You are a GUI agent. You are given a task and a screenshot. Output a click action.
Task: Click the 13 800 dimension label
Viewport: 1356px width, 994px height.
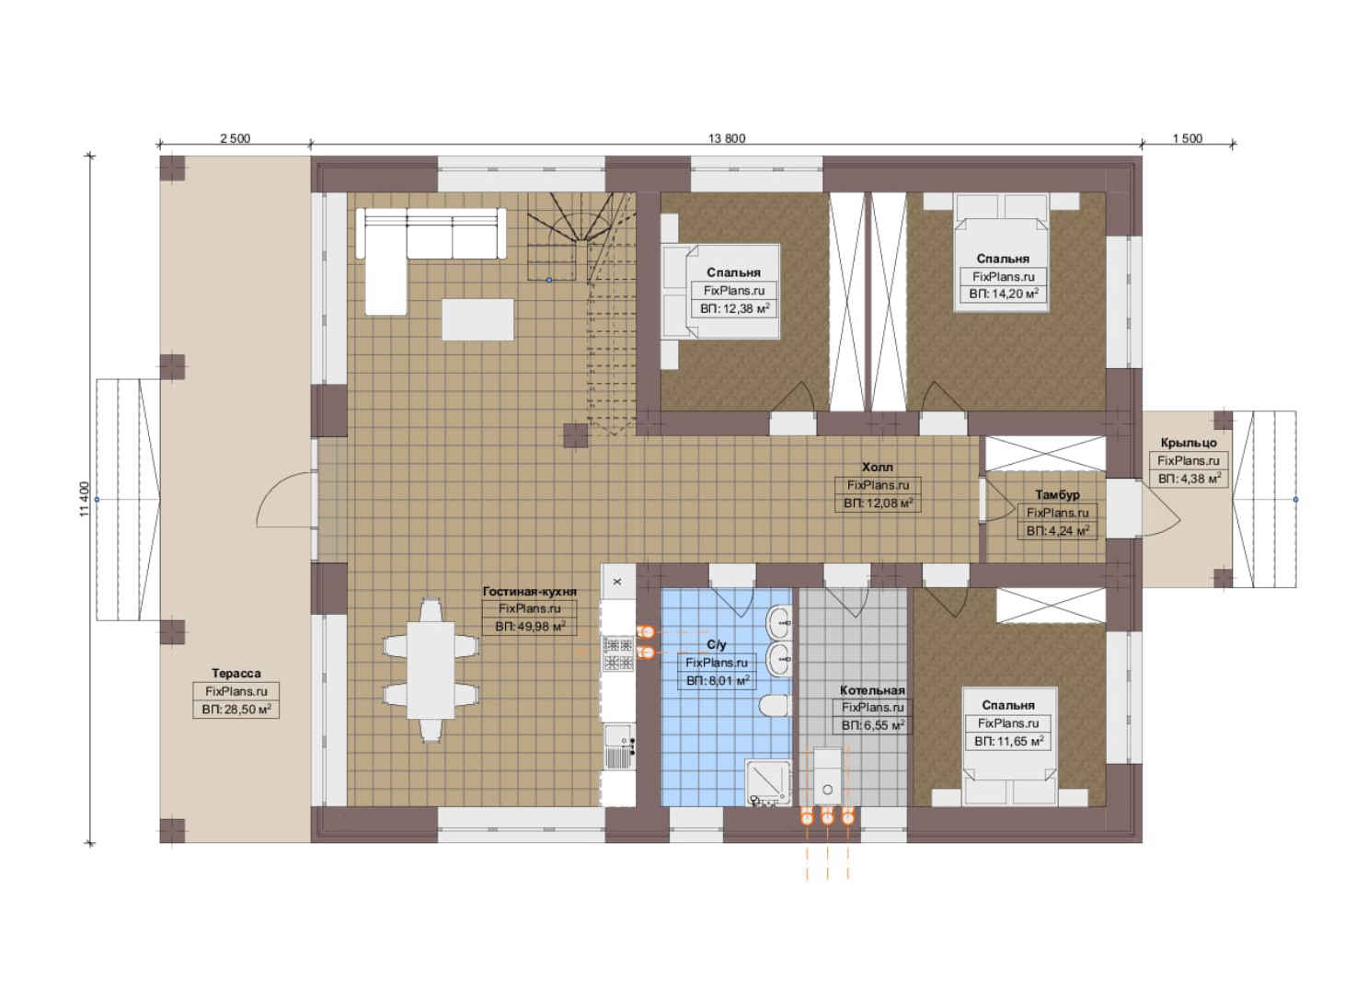tap(727, 139)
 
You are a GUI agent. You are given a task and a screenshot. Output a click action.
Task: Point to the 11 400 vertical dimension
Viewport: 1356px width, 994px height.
tap(84, 499)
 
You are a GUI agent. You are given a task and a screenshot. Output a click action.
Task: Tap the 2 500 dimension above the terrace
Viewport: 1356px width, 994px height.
tap(235, 139)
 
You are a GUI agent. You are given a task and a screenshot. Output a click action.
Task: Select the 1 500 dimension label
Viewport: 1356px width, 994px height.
tap(1187, 139)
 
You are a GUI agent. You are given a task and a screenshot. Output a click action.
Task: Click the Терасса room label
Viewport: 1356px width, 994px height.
tap(236, 673)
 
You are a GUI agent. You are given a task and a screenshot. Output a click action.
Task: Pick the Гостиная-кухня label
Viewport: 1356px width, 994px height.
tap(530, 591)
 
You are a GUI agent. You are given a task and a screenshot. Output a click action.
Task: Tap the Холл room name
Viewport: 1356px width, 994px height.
tap(877, 467)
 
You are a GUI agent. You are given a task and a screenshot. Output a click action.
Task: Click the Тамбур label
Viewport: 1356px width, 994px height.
tap(1057, 495)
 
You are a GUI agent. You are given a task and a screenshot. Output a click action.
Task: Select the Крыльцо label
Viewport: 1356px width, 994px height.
tap(1189, 443)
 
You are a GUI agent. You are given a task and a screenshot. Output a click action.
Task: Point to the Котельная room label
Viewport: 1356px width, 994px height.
tap(872, 690)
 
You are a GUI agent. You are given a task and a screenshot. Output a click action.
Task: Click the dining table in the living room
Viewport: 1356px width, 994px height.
tap(431, 670)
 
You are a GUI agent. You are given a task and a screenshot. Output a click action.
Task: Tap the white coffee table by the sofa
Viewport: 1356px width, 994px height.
tap(477, 319)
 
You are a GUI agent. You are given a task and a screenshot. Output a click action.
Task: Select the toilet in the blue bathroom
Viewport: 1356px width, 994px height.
tap(776, 706)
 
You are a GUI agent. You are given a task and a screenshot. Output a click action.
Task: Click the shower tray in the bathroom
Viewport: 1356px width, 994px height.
tap(767, 781)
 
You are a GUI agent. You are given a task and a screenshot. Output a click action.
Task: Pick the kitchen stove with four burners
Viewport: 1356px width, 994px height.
tap(617, 653)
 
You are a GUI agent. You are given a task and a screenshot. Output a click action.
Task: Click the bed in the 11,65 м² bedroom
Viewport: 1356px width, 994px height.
tap(1010, 745)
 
